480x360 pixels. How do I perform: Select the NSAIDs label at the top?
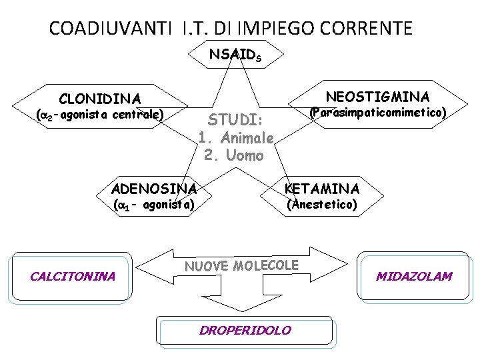(235, 55)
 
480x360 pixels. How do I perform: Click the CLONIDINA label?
(100, 99)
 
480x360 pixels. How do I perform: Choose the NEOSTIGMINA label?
(377, 96)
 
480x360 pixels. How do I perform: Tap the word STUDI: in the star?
(236, 121)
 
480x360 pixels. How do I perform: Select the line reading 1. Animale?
(236, 139)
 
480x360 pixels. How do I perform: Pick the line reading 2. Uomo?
(234, 156)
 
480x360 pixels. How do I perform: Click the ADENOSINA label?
(154, 188)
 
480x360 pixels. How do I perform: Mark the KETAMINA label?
(321, 188)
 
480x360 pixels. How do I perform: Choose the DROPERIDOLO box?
(245, 330)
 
